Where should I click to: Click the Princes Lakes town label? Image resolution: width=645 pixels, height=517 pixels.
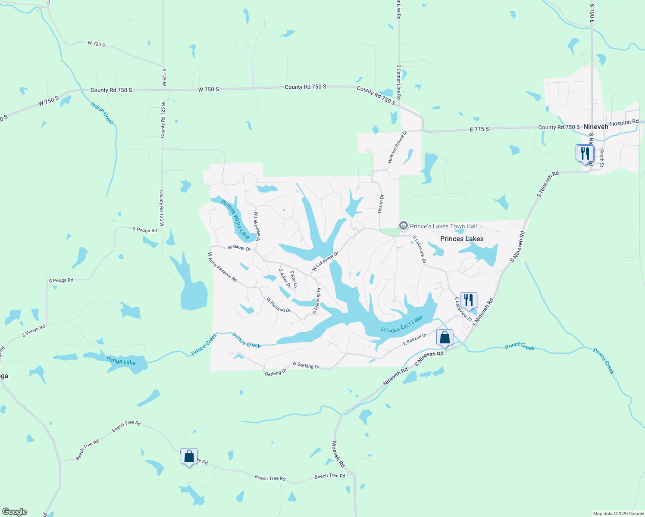pos(462,239)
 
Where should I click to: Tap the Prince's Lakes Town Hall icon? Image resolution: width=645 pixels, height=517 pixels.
pos(403,226)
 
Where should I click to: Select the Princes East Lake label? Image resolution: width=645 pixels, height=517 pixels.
pos(402,324)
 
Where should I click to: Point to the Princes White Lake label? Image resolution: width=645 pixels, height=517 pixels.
pos(235,219)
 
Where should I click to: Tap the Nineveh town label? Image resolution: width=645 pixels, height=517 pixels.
pos(595,127)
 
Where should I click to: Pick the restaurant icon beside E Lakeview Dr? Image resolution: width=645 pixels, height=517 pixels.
pos(469,300)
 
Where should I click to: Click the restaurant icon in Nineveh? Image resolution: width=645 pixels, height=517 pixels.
pos(585,153)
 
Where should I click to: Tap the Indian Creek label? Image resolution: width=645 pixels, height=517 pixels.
pos(103,113)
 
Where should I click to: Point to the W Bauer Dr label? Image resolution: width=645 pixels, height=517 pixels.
pos(239,248)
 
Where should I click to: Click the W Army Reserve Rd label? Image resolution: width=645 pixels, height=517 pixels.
pos(222,267)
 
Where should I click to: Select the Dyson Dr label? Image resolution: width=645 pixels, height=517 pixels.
pos(381,203)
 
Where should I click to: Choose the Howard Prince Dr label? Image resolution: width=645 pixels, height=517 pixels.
pos(397,147)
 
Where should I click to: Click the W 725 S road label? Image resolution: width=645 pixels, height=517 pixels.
pos(96,44)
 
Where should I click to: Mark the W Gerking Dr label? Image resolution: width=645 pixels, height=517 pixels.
pos(306,365)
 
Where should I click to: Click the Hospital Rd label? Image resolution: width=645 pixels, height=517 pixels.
pos(624,123)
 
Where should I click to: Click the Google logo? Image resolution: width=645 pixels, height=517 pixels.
pos(15,512)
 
